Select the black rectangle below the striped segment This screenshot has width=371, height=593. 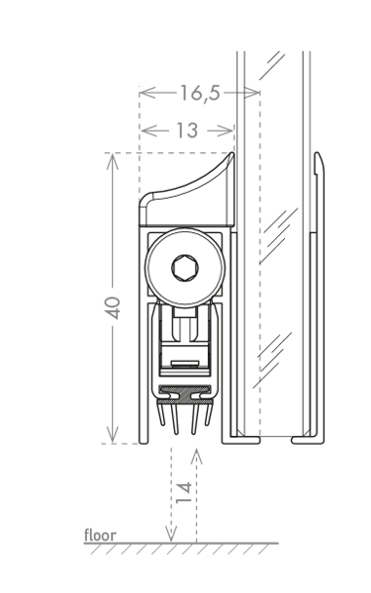point(263,407)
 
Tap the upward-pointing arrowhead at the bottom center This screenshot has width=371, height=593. point(196,458)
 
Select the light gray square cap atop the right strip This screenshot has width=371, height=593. point(257,93)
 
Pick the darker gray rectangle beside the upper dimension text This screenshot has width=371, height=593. point(231,109)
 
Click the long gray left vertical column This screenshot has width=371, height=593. point(123,296)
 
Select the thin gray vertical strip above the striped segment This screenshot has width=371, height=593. point(261,296)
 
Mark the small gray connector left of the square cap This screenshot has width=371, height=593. point(240,93)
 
